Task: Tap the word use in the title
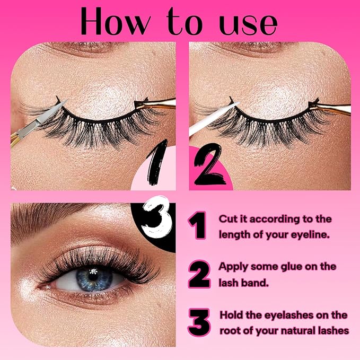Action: coord(248,23)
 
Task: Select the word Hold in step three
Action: coord(231,315)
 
